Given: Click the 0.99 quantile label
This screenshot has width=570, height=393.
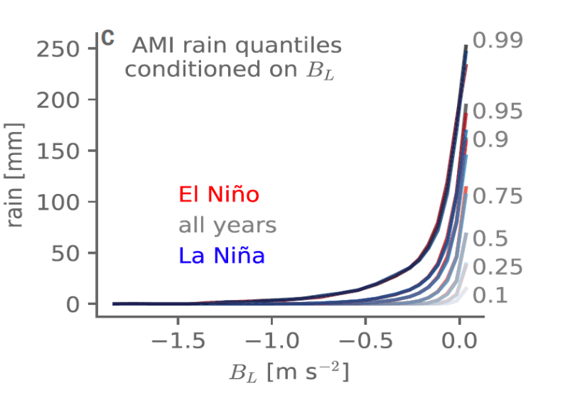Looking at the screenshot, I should point(498,41).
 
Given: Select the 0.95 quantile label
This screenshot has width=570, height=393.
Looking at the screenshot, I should point(498,112).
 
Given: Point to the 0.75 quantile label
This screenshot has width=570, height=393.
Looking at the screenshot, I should point(498,196).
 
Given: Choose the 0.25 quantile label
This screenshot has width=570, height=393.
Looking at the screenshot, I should point(498,267).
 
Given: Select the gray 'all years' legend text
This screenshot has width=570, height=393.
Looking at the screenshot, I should point(227,226).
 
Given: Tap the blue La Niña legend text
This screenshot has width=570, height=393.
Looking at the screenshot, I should point(222,256).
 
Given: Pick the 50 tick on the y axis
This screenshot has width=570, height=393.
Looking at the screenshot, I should point(74,253).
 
